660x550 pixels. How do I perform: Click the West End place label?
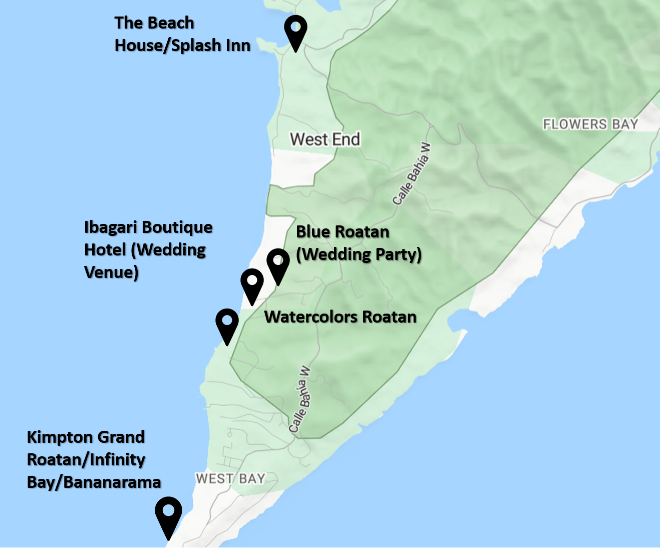tap(325, 139)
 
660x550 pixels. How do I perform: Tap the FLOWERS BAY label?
tap(590, 124)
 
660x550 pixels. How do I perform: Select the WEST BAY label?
tap(230, 478)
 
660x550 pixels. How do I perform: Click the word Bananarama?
tap(112, 482)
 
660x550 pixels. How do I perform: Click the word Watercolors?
tap(310, 317)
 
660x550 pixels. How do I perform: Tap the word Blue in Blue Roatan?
tap(311, 232)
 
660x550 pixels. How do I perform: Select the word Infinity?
tap(117, 459)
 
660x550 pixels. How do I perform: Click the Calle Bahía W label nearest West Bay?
tap(299, 400)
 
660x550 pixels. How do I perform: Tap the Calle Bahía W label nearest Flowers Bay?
tap(412, 174)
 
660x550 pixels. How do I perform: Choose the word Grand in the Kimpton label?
tap(121, 437)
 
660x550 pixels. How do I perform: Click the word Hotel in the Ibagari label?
tap(105, 250)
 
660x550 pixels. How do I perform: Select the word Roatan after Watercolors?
tap(389, 317)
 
